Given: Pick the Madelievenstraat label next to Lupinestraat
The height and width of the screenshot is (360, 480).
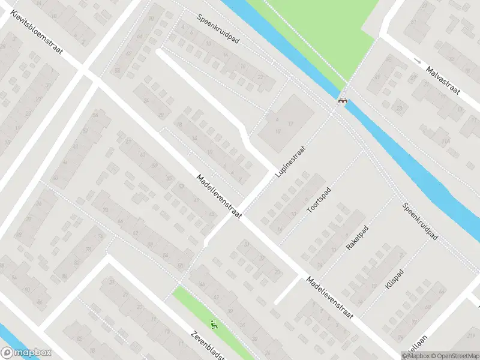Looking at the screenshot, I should coord(219,196).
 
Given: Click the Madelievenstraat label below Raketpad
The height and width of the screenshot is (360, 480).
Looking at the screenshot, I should coord(329,298).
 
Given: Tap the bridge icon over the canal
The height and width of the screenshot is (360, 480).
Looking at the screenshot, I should coord(343,101).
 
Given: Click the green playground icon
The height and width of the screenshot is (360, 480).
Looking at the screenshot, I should coord(214,325).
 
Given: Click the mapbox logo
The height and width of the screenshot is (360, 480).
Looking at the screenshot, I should coord(26,353).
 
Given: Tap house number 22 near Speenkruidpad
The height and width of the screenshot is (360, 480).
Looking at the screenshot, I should coord(260,77).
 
